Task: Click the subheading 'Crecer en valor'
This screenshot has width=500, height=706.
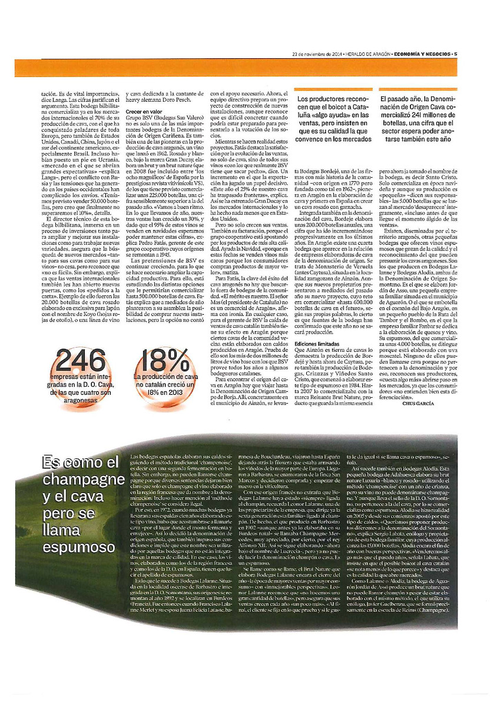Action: coord(144,111)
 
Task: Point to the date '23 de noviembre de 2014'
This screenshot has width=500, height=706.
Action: coord(319,54)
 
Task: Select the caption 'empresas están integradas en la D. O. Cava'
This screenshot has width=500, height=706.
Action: coord(75,385)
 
